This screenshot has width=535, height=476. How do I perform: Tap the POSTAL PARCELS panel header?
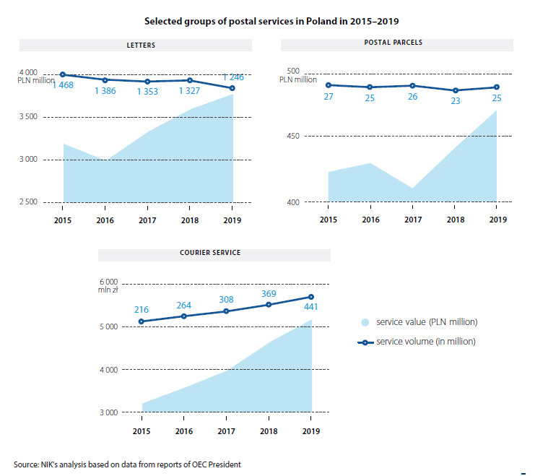pyautogui.click(x=393, y=43)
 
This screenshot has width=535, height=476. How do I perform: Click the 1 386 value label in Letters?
pyautogui.click(x=109, y=92)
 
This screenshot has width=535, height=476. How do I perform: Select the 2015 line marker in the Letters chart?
pyautogui.click(x=64, y=74)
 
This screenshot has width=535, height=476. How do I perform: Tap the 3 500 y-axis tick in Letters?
pyautogui.click(x=28, y=116)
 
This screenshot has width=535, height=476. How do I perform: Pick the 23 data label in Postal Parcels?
pyautogui.click(x=455, y=102)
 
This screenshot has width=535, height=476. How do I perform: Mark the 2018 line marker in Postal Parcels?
pyautogui.click(x=455, y=90)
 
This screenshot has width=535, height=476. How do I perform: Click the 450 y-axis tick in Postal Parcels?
pyautogui.click(x=293, y=136)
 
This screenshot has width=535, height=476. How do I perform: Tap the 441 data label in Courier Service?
pyautogui.click(x=311, y=306)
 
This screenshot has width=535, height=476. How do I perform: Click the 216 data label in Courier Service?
pyautogui.click(x=142, y=309)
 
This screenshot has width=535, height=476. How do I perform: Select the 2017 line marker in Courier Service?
pyautogui.click(x=226, y=311)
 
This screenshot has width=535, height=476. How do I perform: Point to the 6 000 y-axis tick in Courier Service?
pyautogui.click(x=108, y=282)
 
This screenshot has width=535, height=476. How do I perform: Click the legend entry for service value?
pyautogui.click(x=421, y=321)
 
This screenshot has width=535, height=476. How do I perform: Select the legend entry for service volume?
pyautogui.click(x=421, y=342)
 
